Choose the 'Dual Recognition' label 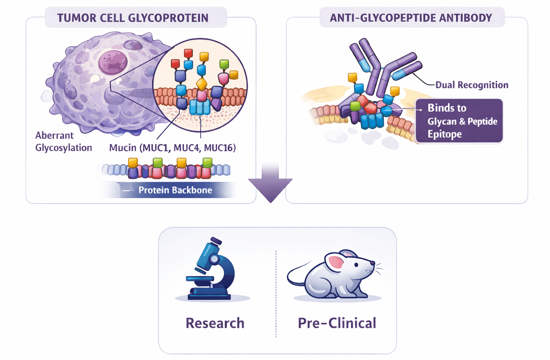point(472,85)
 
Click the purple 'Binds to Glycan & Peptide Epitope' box point(459,121)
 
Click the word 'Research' point(215,323)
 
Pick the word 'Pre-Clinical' point(337,323)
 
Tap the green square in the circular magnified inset point(224,64)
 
